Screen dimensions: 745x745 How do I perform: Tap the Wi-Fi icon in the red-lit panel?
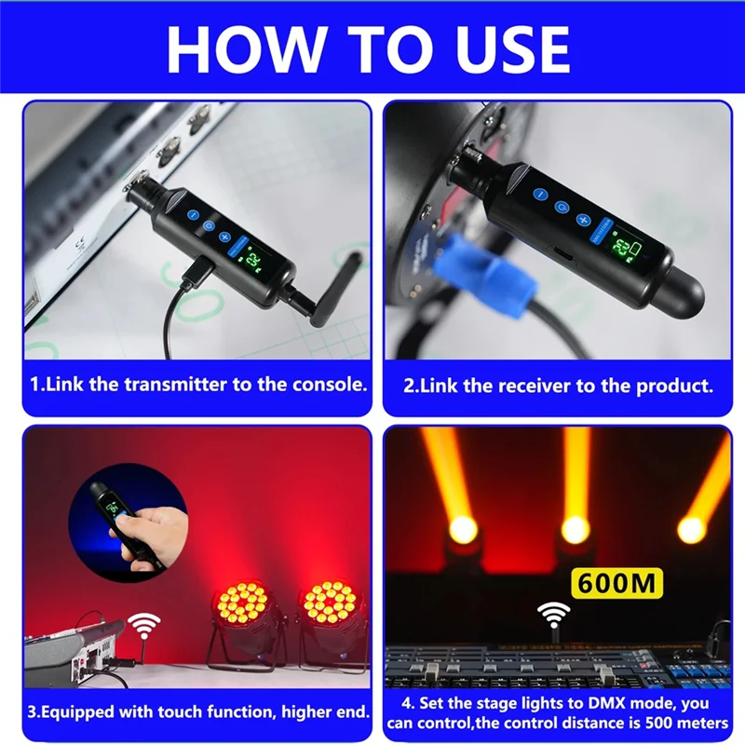[x=143, y=624]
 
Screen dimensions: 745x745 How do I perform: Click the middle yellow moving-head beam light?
[x=576, y=529]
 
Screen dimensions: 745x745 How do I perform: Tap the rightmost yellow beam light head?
[x=692, y=529]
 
